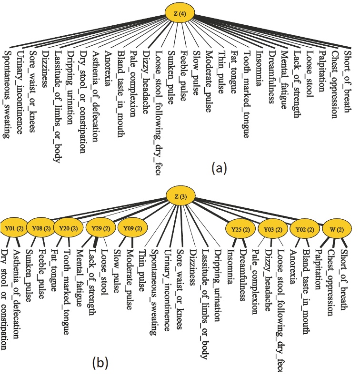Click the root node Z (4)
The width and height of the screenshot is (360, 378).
[180, 13]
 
